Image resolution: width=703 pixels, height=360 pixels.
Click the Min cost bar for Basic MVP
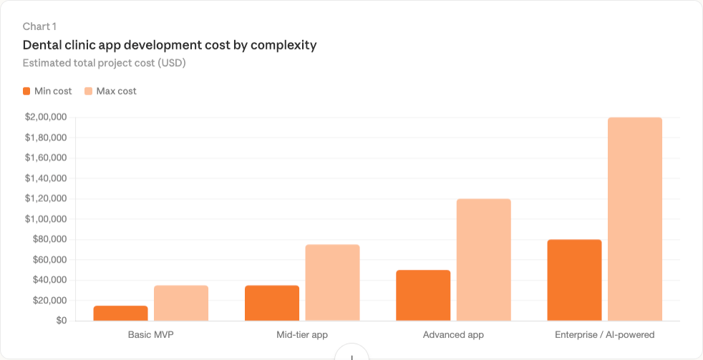tap(121, 313)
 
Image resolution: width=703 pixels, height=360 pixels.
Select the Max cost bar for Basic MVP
tap(181, 303)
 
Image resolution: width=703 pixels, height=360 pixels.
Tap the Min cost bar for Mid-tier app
tap(272, 303)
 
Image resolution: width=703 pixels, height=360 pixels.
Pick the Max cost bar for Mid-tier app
tap(332, 283)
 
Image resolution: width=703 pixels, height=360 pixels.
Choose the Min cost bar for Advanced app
tap(423, 296)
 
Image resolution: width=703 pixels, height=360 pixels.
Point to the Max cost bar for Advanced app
tap(483, 260)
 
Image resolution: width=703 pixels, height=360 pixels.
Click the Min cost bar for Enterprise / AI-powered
tap(574, 281)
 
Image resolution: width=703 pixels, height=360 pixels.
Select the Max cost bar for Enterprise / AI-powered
tap(634, 219)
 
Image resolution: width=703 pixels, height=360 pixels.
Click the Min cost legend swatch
tap(26, 91)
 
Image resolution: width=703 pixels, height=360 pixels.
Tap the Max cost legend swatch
tap(89, 91)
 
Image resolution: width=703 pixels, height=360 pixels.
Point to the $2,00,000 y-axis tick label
tap(46, 117)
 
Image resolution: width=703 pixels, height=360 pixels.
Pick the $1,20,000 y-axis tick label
tap(46, 199)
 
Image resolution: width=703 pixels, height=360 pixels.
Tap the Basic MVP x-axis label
tap(151, 335)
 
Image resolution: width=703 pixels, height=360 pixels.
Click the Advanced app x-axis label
tap(453, 335)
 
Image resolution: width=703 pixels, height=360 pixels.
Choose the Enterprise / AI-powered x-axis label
tap(604, 335)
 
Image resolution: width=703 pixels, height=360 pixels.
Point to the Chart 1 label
tap(39, 26)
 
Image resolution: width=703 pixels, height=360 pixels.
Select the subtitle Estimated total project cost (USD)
tap(104, 63)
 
